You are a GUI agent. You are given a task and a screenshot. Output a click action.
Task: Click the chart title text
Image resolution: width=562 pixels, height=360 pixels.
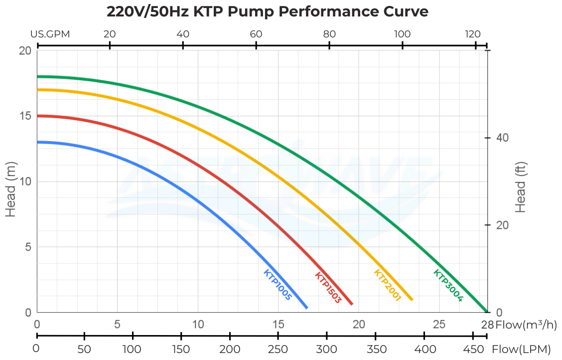(268, 11)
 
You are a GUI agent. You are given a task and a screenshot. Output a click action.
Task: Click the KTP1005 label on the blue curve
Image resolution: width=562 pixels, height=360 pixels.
(277, 285)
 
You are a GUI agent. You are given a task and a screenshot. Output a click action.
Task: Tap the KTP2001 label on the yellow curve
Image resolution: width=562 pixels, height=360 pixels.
(387, 285)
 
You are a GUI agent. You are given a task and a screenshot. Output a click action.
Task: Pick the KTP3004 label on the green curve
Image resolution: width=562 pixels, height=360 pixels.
(448, 285)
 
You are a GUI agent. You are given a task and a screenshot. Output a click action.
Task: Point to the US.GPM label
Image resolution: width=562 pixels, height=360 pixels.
(50, 34)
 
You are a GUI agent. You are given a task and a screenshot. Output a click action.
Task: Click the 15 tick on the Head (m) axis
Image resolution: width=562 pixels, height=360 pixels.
(25, 116)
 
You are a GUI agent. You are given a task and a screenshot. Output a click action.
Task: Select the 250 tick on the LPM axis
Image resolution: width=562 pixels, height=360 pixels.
(279, 348)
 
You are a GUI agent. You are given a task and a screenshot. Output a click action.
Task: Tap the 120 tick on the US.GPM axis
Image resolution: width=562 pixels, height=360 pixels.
(472, 34)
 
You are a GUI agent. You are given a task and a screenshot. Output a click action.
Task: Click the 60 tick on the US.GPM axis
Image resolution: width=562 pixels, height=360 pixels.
(256, 34)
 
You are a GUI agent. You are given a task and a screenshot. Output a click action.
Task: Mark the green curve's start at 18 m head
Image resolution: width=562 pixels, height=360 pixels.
(39, 76)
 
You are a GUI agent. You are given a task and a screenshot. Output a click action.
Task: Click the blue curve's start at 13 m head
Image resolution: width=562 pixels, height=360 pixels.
(39, 142)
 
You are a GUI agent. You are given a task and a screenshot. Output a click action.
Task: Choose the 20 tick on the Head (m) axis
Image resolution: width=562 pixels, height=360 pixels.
(25, 50)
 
